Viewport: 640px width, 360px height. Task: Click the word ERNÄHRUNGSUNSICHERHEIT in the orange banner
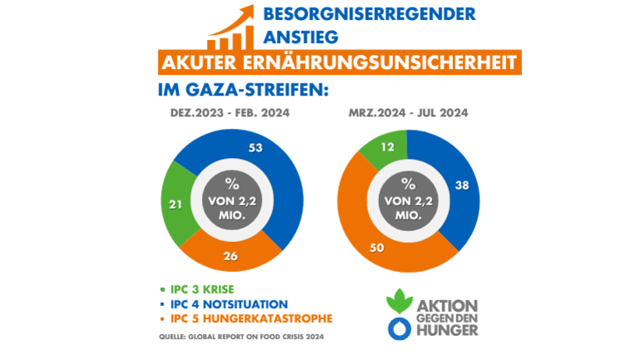tap(395, 63)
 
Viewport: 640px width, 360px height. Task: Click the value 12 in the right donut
tap(387, 147)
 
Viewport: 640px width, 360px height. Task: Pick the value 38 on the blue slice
tap(463, 186)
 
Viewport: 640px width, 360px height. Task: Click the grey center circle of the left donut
tap(232, 197)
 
